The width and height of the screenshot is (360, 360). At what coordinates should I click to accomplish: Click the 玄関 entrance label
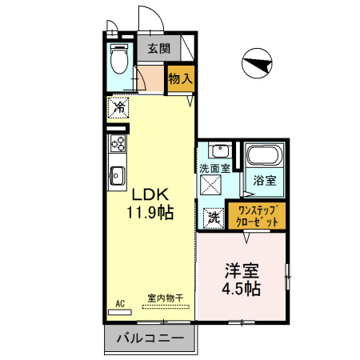point(158,48)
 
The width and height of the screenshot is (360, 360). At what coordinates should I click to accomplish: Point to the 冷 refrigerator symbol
point(118,106)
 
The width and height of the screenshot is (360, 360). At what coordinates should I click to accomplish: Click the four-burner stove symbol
point(118,145)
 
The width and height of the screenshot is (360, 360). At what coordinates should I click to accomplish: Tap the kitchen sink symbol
point(118,174)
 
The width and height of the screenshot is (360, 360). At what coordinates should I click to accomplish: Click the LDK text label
point(149,194)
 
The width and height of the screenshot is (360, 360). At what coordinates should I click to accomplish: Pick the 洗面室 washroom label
point(214,169)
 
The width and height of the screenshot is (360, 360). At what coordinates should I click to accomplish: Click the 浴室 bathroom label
point(265,180)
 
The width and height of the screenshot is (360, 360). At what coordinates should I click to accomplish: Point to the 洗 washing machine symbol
point(214,216)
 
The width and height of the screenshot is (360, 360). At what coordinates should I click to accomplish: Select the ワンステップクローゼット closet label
point(254,215)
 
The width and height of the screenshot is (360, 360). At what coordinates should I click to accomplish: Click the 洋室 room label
point(241,270)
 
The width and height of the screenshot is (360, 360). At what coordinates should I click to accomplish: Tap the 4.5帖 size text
point(241,288)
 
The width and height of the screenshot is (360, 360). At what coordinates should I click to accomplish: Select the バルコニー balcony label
point(150,338)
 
